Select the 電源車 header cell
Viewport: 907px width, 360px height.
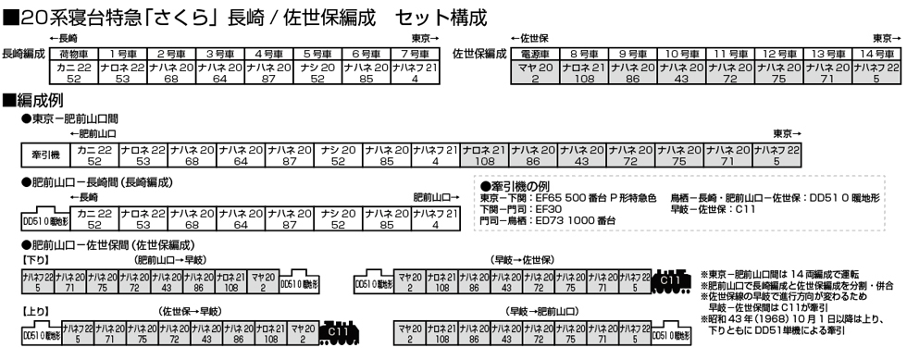pos(538,53)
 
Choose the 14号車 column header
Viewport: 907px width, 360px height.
pos(873,53)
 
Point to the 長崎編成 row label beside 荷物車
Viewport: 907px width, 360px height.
pos(24,55)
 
